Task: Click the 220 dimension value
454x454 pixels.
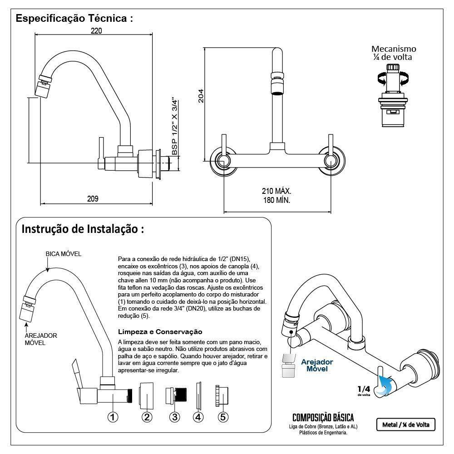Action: pos(96,31)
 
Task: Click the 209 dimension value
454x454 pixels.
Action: pos(93,198)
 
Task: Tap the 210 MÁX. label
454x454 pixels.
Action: pos(276,191)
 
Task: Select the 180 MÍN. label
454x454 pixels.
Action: pos(276,200)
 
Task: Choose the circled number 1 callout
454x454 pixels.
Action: pos(113,417)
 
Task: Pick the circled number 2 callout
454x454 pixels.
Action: pos(147,417)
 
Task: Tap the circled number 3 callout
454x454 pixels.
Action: pos(175,417)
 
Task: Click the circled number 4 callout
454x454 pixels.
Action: pos(198,417)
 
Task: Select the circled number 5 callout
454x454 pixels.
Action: pos(222,417)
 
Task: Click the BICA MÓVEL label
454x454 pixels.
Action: pos(63,254)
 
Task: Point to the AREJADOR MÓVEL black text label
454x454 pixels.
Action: pos(40,339)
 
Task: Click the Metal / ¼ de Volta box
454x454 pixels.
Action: pos(405,424)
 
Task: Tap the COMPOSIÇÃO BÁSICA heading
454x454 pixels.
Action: pos(323,418)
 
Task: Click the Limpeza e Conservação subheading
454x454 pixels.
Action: pos(160,332)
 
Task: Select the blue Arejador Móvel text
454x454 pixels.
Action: pos(317,365)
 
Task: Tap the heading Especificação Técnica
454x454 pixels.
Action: pos(74,19)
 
